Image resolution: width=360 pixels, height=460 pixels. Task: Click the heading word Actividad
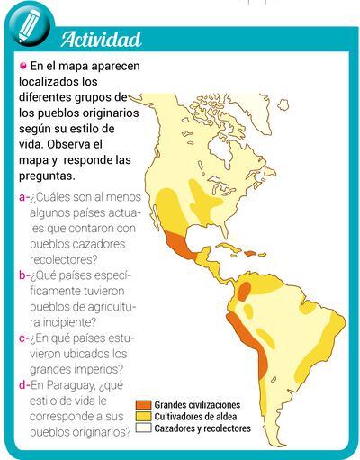coord(101,40)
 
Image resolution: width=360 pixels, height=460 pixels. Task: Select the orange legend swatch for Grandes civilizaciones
coord(143,406)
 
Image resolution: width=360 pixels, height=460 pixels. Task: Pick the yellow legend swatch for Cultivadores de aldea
coord(143,418)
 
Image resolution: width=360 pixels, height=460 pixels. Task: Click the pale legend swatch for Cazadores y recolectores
coord(143,429)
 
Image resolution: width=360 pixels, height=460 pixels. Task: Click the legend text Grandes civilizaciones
coord(197,406)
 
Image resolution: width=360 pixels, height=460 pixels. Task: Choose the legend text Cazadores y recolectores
coord(202,429)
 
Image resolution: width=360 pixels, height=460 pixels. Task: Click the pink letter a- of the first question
coord(23,198)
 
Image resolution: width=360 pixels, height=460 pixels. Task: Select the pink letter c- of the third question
coord(23,338)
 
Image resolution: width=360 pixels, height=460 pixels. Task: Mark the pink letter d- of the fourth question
coord(23,385)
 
